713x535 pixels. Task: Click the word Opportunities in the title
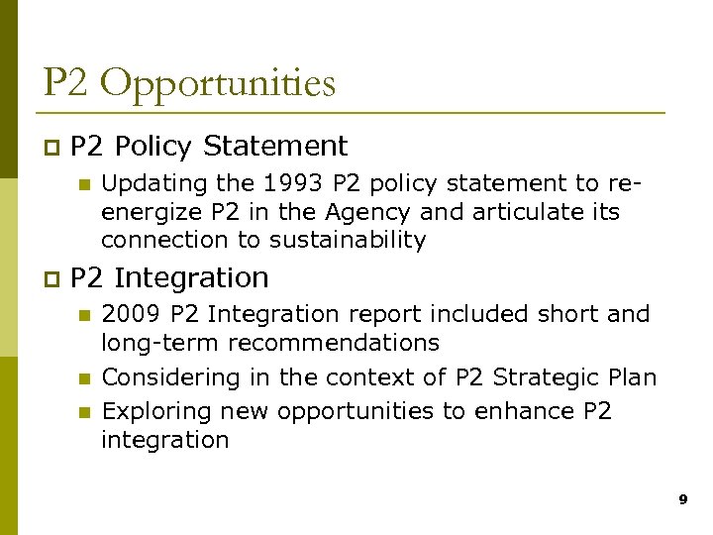click(218, 84)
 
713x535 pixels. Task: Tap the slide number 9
click(682, 500)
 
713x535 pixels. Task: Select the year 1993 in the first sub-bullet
click(300, 184)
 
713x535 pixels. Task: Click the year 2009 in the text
click(133, 315)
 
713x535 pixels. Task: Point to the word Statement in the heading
click(274, 147)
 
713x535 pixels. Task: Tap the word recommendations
click(334, 343)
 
